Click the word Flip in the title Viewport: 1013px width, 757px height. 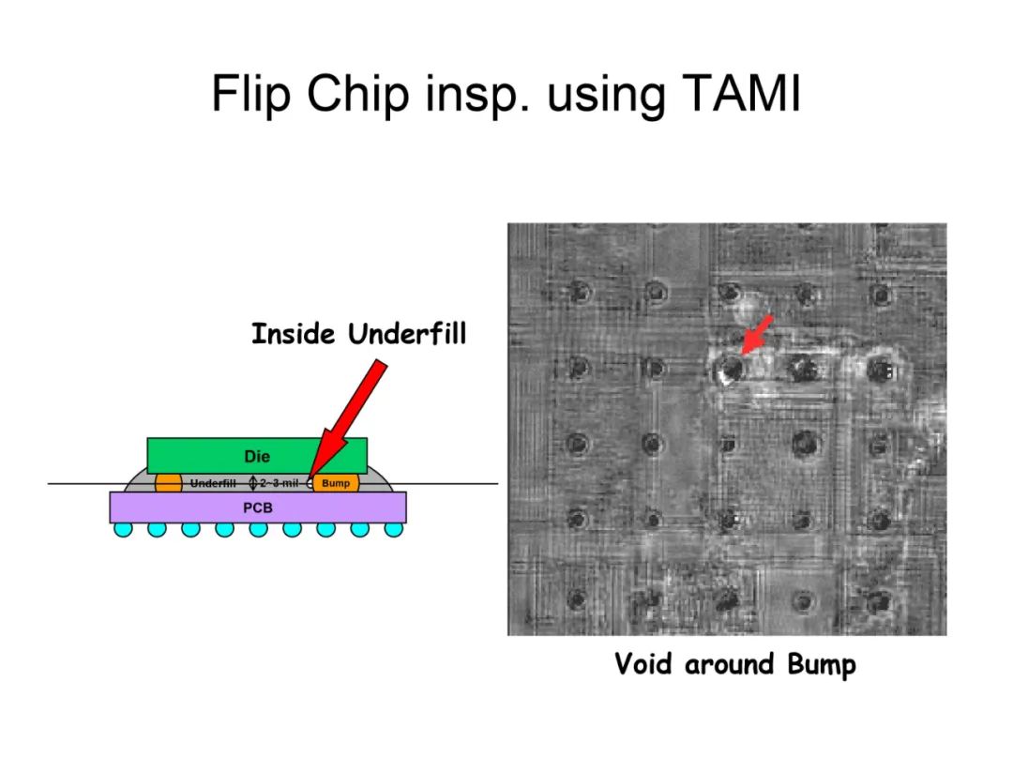(250, 95)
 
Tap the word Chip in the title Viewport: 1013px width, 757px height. (358, 95)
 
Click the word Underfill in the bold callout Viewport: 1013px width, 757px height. (407, 334)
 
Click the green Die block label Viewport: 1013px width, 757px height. (257, 457)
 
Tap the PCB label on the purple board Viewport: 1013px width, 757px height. (258, 508)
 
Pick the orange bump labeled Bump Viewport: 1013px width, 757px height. (336, 482)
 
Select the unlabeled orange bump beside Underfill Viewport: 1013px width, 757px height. (169, 482)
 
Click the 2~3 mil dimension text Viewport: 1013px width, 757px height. (280, 482)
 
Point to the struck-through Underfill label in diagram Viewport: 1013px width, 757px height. (213, 482)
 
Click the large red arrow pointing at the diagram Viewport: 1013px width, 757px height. (348, 422)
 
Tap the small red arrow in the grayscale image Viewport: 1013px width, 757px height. (757, 335)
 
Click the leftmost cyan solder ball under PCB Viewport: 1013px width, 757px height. (124, 529)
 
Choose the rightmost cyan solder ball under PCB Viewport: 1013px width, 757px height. (393, 529)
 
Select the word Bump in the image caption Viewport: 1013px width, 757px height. (822, 665)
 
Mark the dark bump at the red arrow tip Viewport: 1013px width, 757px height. (731, 368)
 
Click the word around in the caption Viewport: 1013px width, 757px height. (729, 665)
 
